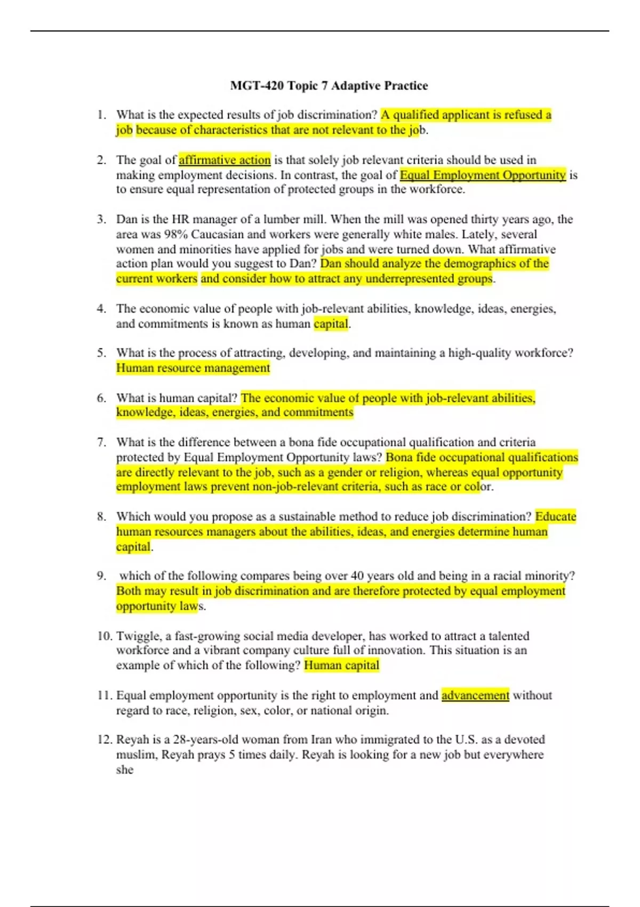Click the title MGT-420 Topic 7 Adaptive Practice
click(x=329, y=85)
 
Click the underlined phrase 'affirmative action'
click(x=225, y=160)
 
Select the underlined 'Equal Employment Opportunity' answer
click(x=483, y=174)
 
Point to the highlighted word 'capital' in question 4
click(x=331, y=323)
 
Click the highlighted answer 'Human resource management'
click(x=193, y=368)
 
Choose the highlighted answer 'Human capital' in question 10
click(x=341, y=665)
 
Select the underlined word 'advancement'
click(x=475, y=695)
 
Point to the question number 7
click(x=101, y=442)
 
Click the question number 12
click(x=104, y=739)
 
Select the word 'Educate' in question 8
click(x=555, y=516)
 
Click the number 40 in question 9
click(x=357, y=576)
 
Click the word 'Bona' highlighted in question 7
click(x=398, y=457)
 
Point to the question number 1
click(x=101, y=115)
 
